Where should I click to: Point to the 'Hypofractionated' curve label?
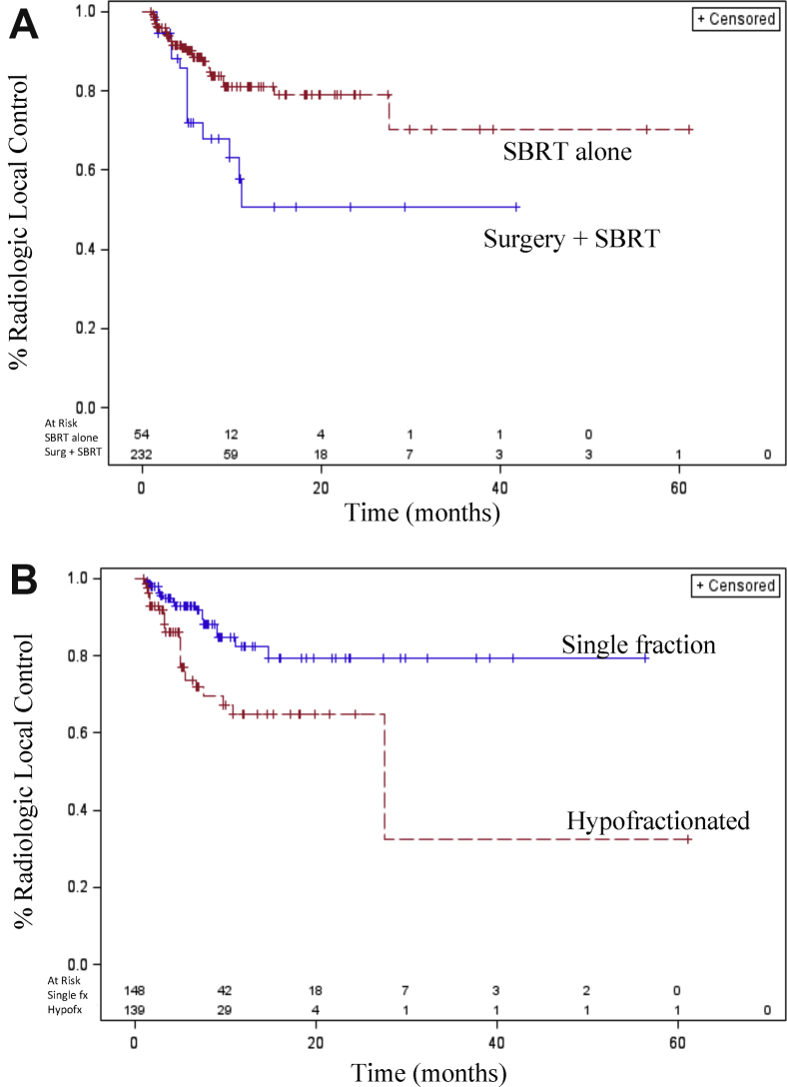(658, 821)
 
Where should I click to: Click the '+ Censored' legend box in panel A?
(735, 19)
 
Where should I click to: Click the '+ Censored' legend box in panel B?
(735, 585)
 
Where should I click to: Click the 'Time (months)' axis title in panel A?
(423, 515)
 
